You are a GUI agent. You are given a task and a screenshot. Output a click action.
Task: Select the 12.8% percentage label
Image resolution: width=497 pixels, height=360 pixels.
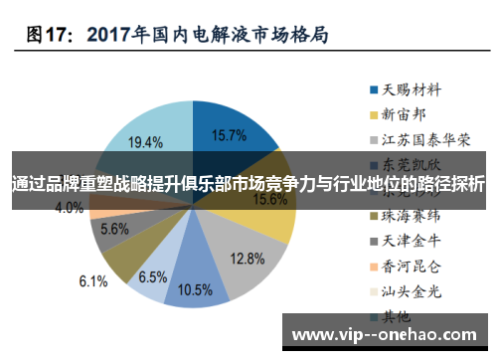(246, 258)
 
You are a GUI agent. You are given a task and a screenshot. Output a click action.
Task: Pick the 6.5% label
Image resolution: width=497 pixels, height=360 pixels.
(153, 275)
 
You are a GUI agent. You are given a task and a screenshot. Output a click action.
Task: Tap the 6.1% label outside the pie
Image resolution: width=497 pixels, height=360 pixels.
(92, 281)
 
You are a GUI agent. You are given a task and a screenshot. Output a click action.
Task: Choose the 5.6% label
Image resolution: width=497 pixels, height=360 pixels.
(114, 230)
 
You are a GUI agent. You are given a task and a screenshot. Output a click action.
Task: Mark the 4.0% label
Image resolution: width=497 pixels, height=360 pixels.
(69, 208)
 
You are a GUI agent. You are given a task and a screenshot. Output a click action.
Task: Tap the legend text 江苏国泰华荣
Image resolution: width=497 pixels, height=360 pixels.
(427, 138)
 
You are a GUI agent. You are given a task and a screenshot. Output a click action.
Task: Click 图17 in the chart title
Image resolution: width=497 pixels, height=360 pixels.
(50, 34)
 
